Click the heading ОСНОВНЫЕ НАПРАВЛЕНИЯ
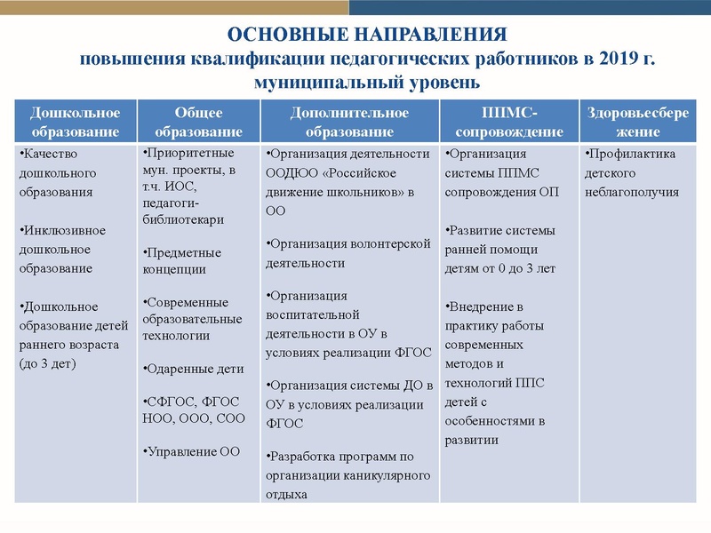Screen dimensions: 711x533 pyautogui.click(x=367, y=36)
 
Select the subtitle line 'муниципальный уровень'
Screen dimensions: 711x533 pyautogui.click(x=367, y=83)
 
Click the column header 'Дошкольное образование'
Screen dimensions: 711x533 pyautogui.click(x=76, y=122)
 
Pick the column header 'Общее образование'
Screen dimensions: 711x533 pyautogui.click(x=199, y=122)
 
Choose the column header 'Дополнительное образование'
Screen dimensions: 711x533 pyautogui.click(x=349, y=122)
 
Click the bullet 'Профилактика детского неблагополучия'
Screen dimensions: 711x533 pyautogui.click(x=631, y=172)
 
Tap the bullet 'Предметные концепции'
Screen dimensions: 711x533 pyautogui.click(x=183, y=260)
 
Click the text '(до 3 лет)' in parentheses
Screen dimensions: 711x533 pyautogui.click(x=48, y=364)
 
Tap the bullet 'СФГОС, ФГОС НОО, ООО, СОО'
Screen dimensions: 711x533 pyautogui.click(x=191, y=410)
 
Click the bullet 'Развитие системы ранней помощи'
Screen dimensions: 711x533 pyautogui.click(x=501, y=249)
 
